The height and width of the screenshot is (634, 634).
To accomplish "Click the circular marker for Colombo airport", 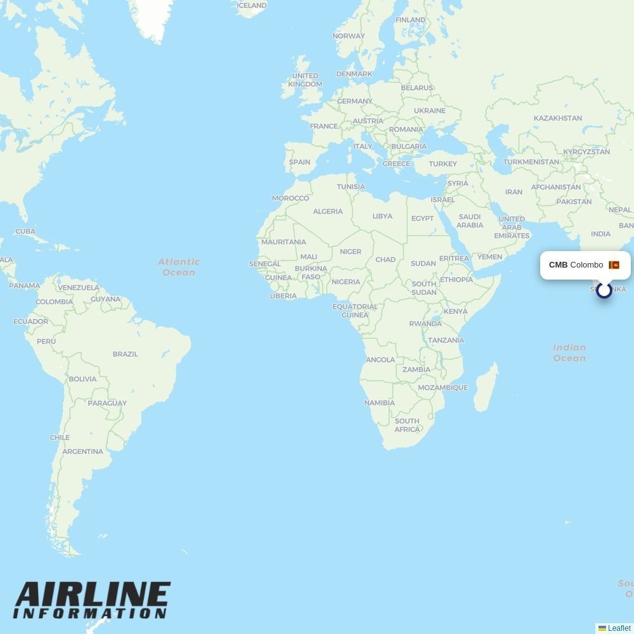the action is [x=604, y=290].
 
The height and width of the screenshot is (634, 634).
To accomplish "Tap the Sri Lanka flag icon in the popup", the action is [x=614, y=265].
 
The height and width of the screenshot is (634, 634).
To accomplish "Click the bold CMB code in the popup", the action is [x=558, y=265].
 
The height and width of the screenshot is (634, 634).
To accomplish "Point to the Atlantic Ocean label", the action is [x=179, y=267].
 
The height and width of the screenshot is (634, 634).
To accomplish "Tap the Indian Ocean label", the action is [x=569, y=353].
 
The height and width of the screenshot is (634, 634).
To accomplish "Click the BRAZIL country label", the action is [x=125, y=354].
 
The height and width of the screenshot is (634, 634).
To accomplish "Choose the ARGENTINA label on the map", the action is [x=83, y=451].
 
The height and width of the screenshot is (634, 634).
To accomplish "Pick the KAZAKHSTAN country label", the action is [x=557, y=118].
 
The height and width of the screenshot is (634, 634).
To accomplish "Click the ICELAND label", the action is [x=252, y=6].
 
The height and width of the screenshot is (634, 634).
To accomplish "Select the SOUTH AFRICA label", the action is [x=407, y=425].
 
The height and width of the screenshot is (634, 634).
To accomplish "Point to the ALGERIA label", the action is [x=328, y=211].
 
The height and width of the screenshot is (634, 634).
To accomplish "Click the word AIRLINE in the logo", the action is [x=93, y=597].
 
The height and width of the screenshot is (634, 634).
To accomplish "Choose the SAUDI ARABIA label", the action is [x=470, y=221].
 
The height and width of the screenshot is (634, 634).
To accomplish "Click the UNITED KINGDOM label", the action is [x=305, y=80].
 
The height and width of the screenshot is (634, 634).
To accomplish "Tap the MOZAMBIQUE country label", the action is [x=443, y=387].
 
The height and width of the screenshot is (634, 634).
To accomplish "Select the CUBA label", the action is [x=25, y=231].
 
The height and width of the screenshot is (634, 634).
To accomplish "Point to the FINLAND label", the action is [x=410, y=20].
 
